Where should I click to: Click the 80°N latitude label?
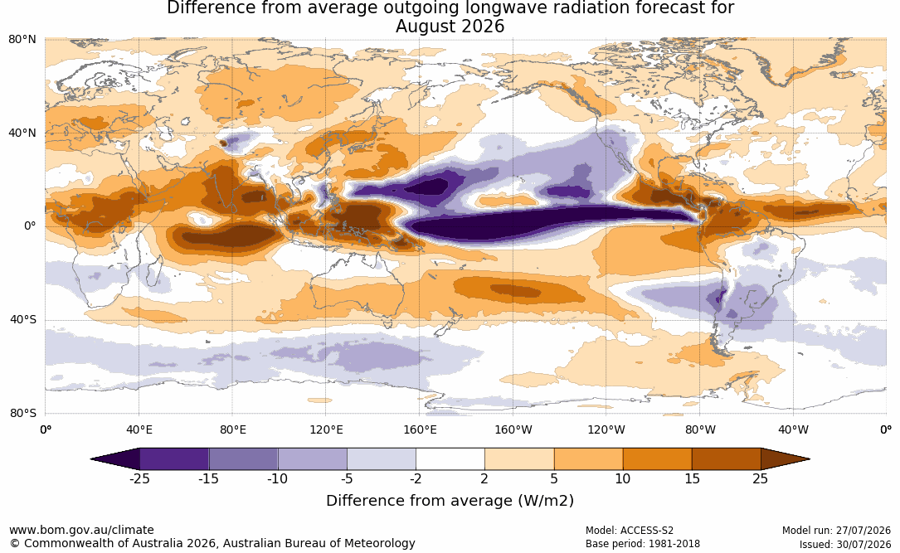(x=22, y=40)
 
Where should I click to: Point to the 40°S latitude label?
(x=23, y=319)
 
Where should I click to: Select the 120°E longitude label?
(x=326, y=429)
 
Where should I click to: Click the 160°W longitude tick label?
(x=513, y=429)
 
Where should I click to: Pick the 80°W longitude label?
(x=700, y=429)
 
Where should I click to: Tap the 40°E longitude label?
(x=139, y=429)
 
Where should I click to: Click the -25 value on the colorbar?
(x=139, y=479)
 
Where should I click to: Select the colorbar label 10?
(x=623, y=479)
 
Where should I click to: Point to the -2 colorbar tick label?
(x=416, y=479)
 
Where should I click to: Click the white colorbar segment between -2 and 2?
(x=450, y=459)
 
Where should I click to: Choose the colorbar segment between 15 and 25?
(x=726, y=459)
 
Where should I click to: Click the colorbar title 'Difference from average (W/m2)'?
(x=450, y=501)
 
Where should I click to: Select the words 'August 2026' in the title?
(x=450, y=27)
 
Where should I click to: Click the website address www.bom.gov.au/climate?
(x=81, y=530)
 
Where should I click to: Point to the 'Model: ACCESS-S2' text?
(x=630, y=531)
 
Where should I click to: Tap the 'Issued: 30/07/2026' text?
(x=845, y=544)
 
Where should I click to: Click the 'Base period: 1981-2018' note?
(x=643, y=544)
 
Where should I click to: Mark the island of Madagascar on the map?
(x=154, y=271)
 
